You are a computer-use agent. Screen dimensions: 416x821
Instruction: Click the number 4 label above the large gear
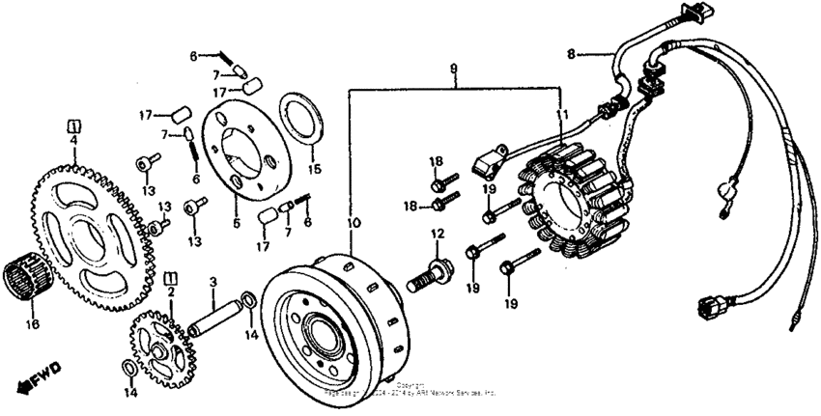click(72, 141)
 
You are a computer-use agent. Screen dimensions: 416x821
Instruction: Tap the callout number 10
click(354, 222)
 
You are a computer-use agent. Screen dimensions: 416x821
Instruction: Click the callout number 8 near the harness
click(571, 55)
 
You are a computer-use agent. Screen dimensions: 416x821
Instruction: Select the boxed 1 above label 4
click(72, 125)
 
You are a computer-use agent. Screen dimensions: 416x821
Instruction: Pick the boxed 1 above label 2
click(171, 277)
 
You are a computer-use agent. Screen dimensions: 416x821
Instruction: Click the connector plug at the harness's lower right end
click(709, 309)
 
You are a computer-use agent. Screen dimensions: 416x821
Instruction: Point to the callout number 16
click(33, 325)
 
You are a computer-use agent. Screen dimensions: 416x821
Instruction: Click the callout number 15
click(313, 171)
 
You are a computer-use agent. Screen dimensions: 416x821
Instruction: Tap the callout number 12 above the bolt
click(437, 234)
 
